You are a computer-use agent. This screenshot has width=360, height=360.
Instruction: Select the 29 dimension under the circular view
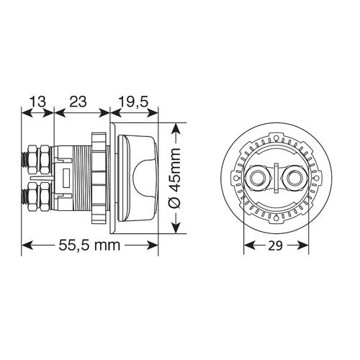[x=276, y=246]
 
